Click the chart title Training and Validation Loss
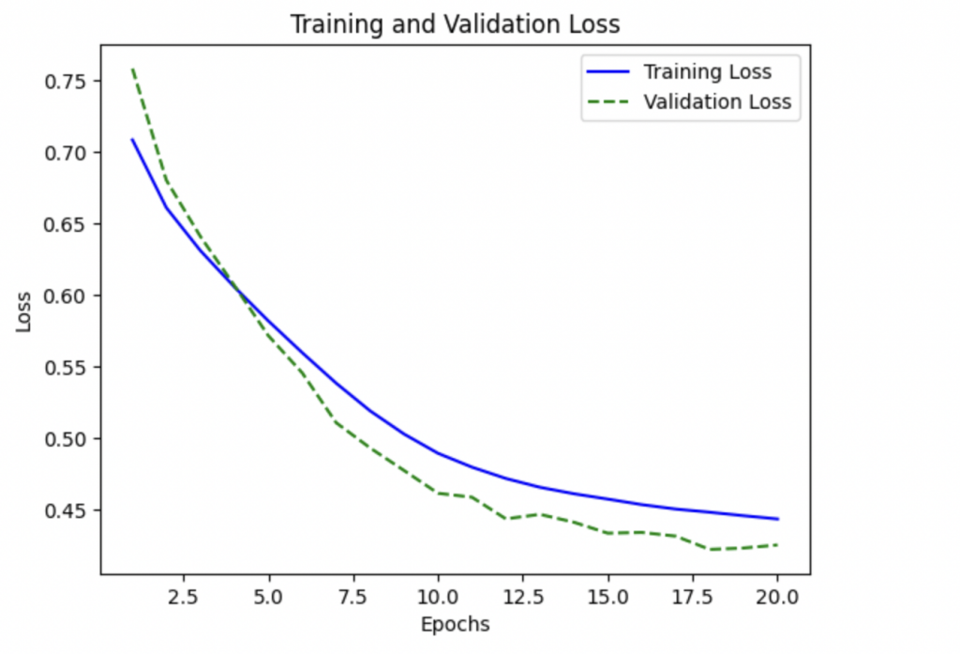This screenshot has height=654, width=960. point(455,24)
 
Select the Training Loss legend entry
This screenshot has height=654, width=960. point(707,72)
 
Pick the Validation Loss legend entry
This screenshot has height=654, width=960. point(717,102)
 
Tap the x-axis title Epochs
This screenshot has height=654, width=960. point(455,624)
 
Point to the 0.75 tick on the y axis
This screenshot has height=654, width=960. point(67,82)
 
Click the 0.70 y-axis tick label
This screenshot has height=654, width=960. point(67,153)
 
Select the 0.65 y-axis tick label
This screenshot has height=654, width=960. point(67,224)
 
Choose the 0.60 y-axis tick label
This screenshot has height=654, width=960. point(67,297)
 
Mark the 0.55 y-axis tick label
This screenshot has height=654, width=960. point(67,368)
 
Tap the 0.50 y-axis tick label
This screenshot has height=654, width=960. point(67,439)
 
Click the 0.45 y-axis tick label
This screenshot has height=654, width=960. point(67,511)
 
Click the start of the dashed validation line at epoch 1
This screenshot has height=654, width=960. point(132,68)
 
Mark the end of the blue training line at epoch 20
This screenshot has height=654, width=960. point(777,519)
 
